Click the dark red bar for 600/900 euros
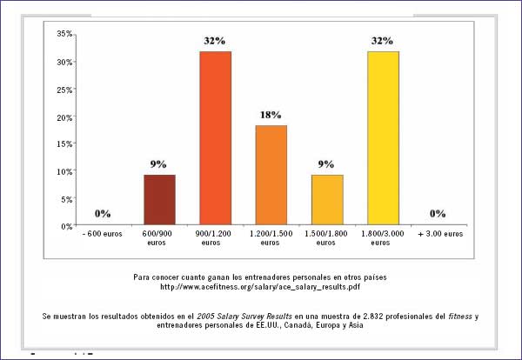point(159,200)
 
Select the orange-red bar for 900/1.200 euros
point(215,138)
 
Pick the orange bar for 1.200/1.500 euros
point(271,176)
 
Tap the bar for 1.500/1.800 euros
point(326,200)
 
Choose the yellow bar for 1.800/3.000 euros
point(382,138)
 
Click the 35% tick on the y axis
point(64,34)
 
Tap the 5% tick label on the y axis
point(66,199)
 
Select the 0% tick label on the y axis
point(66,226)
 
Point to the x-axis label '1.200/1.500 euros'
point(271,239)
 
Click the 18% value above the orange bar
point(271,114)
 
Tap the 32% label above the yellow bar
point(382,41)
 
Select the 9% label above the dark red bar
point(159,163)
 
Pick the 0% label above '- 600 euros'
point(103,213)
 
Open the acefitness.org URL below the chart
point(261,286)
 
